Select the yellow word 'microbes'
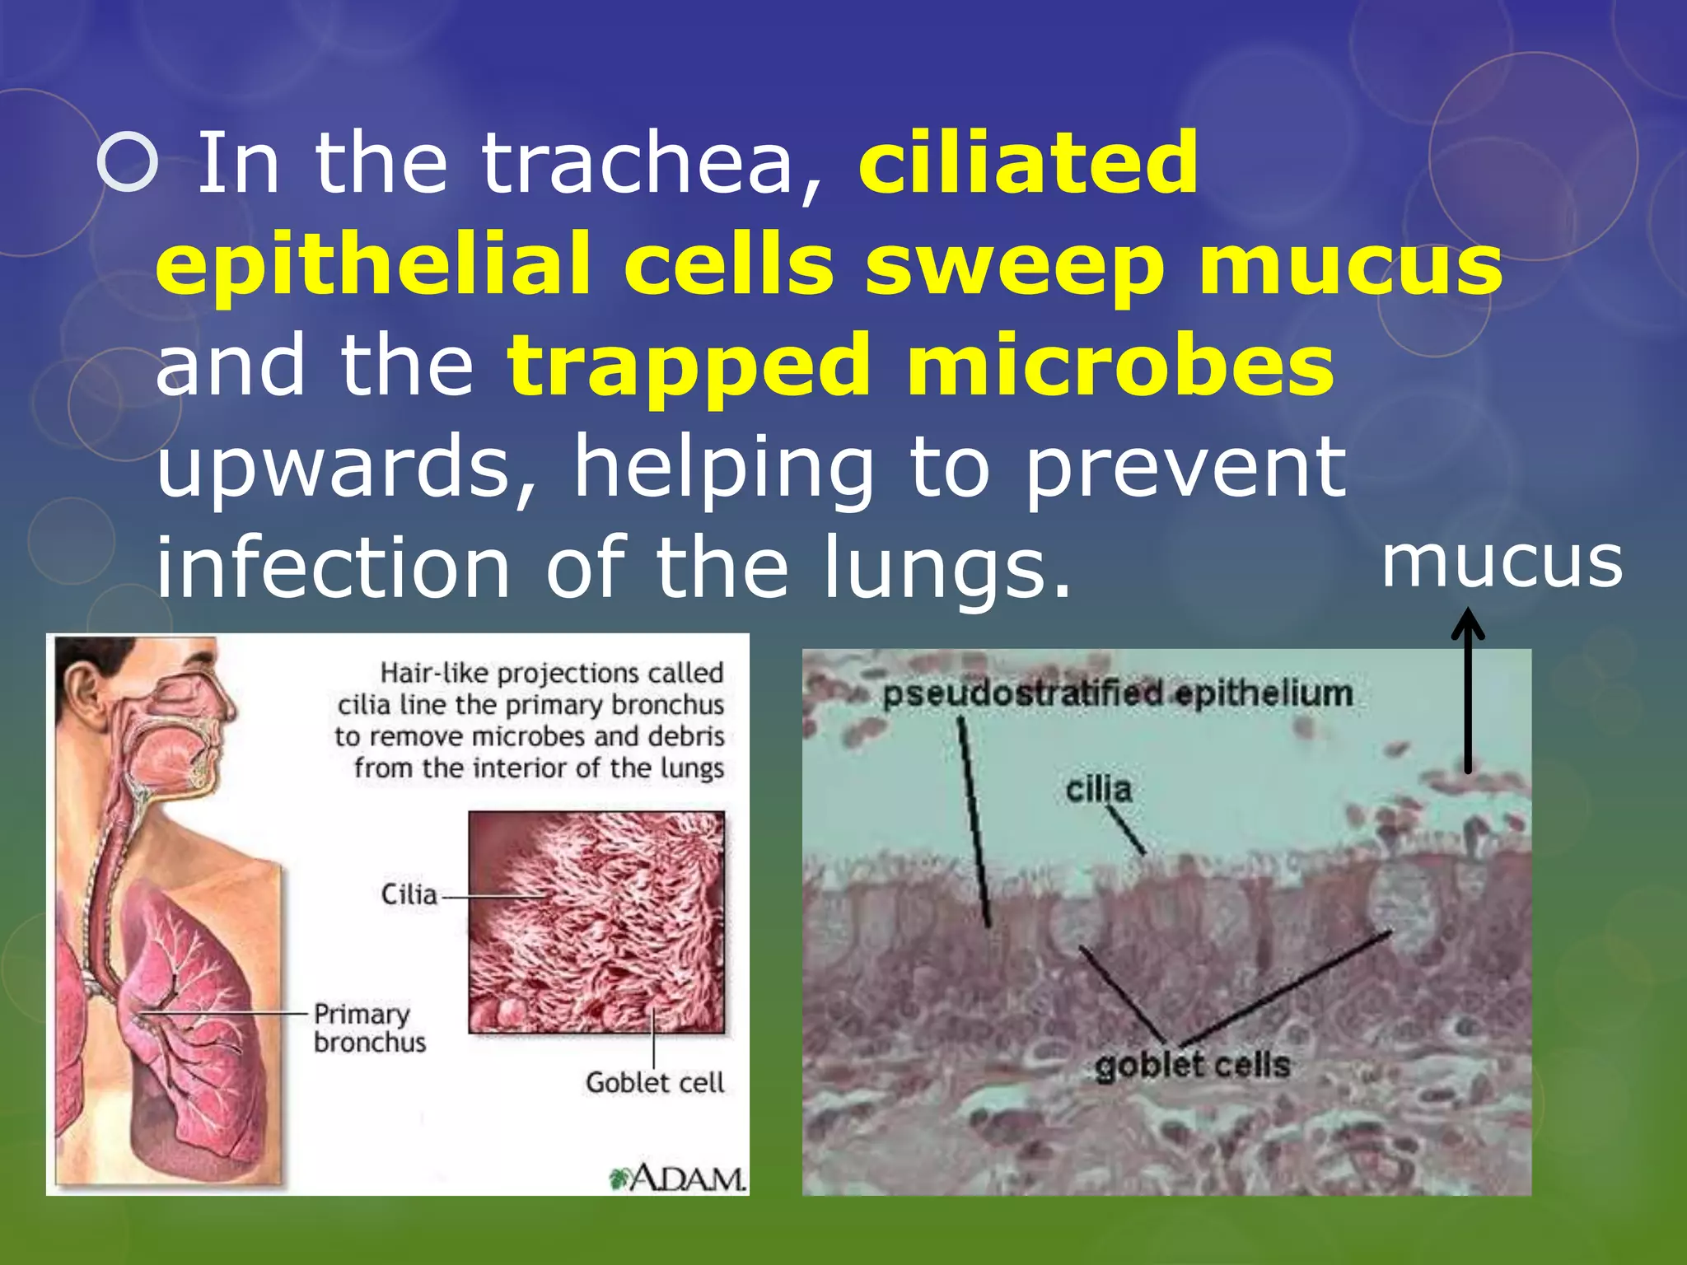[x=1120, y=366]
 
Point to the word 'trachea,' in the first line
[x=651, y=164]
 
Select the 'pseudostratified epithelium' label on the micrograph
[x=1117, y=694]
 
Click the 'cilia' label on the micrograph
[x=1098, y=790]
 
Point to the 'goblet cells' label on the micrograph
[x=1192, y=1066]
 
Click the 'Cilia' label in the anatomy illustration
[x=409, y=894]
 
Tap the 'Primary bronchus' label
[x=369, y=1028]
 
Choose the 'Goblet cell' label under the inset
[x=655, y=1082]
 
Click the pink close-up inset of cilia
[x=596, y=922]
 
